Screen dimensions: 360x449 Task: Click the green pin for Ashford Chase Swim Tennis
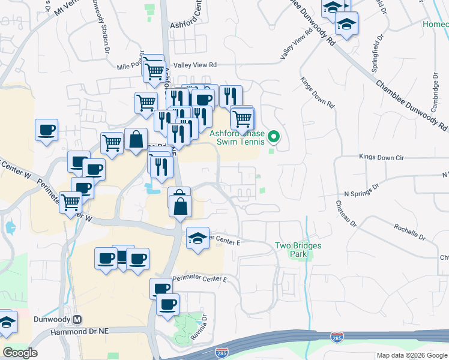tap(274, 137)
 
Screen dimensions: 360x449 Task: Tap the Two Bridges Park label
tap(298, 250)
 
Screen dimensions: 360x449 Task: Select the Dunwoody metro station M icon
tap(77, 319)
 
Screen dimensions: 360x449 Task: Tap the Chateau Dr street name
tap(346, 214)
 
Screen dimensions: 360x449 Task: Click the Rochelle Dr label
tap(409, 232)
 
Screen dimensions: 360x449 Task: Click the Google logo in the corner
tap(20, 353)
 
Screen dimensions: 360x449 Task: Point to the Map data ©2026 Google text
tap(412, 355)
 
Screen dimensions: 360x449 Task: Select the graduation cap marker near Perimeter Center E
tap(197, 238)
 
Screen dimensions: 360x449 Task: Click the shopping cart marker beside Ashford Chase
tap(242, 118)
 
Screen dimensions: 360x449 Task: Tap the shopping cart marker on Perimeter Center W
tap(71, 202)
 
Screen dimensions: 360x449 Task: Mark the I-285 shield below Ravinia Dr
tap(222, 352)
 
